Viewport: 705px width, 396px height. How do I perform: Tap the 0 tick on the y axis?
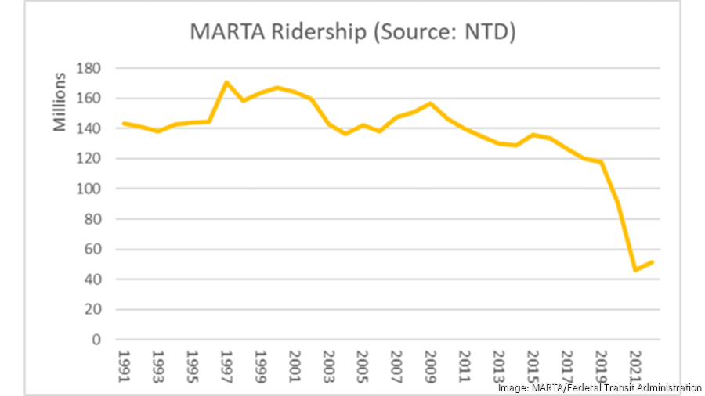[98, 340]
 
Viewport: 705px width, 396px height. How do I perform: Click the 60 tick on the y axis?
[94, 250]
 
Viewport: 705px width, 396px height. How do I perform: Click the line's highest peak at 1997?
[226, 82]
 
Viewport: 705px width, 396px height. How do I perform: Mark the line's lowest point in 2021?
[635, 270]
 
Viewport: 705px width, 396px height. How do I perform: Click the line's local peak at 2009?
[430, 103]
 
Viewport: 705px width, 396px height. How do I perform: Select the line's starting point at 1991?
[123, 123]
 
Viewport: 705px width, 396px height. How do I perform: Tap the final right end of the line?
[653, 262]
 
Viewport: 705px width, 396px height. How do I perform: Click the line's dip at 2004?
[345, 134]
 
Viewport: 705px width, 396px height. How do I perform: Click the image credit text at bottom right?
[599, 387]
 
